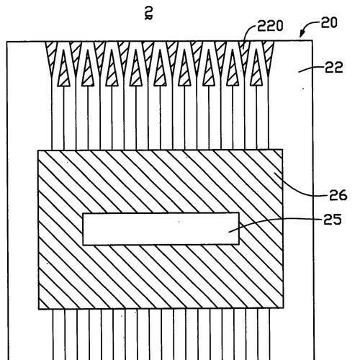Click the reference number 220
[270, 26]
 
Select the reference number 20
[329, 23]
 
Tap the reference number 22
[334, 68]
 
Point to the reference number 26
[338, 195]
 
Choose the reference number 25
[333, 220]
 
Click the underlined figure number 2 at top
[149, 13]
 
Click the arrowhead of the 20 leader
[302, 35]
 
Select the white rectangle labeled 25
[161, 229]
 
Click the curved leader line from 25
[276, 222]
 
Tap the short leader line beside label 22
[311, 69]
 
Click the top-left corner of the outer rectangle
[6, 42]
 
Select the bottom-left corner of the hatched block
[39, 309]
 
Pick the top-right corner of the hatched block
[282, 150]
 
